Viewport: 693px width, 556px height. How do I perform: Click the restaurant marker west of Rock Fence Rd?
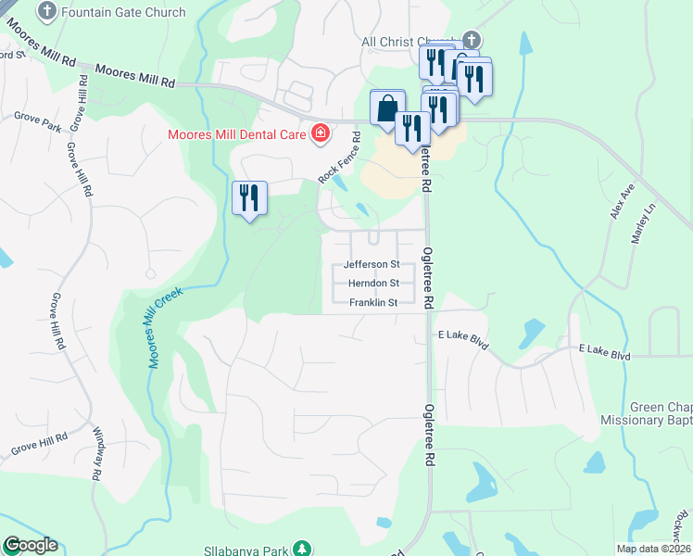[x=249, y=197]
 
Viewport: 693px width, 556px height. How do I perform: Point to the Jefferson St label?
[x=372, y=264]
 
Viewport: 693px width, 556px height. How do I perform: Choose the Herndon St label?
[x=373, y=284]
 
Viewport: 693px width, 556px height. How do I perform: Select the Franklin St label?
[x=373, y=303]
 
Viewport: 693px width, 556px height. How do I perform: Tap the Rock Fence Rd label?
[x=339, y=156]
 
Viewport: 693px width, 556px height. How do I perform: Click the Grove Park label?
[x=36, y=118]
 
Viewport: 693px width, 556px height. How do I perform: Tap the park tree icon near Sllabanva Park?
[x=302, y=549]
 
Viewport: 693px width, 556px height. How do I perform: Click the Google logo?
[x=30, y=546]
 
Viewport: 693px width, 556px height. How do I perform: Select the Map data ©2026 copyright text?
[x=653, y=549]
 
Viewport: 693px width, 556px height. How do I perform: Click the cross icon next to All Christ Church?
[x=472, y=40]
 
